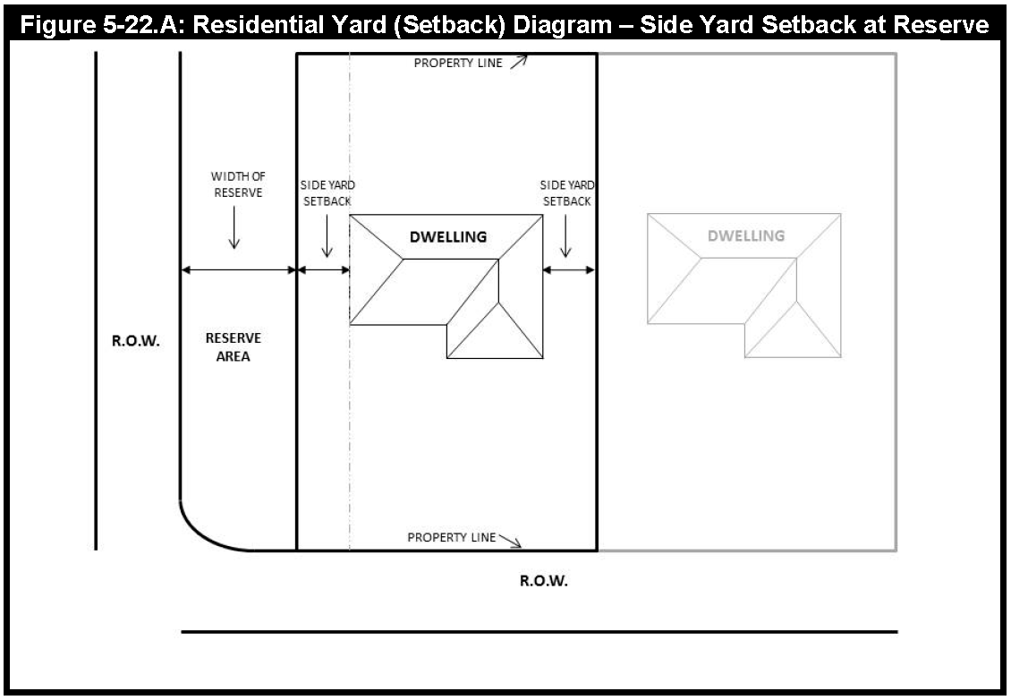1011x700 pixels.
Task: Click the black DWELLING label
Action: (448, 237)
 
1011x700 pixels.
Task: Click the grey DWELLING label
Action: (746, 236)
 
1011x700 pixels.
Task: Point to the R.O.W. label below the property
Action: (544, 581)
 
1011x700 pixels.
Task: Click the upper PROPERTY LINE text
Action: (458, 64)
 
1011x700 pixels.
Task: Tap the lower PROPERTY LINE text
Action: (452, 538)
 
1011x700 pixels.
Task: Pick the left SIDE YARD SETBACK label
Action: (327, 192)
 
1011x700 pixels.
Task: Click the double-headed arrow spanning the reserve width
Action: (238, 269)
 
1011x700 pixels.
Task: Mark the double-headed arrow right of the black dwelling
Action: (568, 269)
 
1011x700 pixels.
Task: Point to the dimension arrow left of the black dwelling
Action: (323, 269)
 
